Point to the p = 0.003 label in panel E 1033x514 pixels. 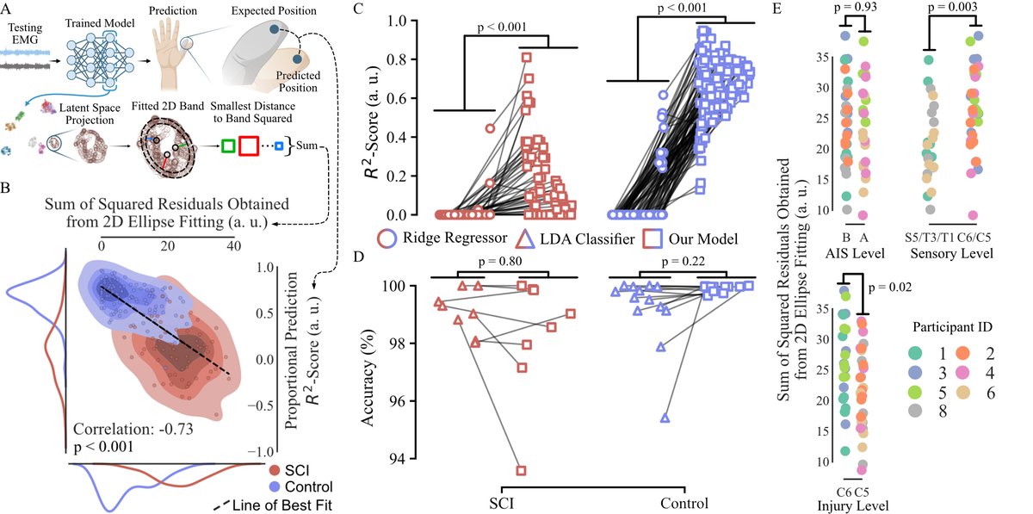956,9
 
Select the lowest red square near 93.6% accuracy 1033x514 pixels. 522,470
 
